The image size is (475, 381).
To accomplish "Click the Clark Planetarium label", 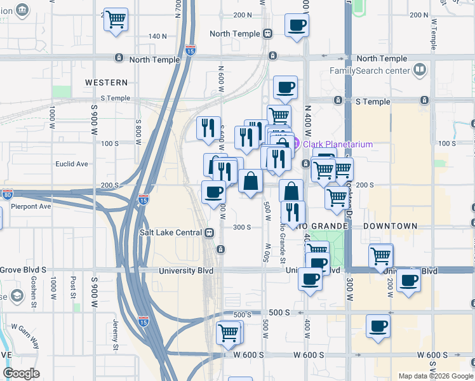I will pos(337,144).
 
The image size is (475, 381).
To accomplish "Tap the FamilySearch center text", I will pos(368,70).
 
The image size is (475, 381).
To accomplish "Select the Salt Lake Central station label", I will pos(170,232).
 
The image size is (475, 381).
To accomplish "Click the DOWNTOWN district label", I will pos(390,226).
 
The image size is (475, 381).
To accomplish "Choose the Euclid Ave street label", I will pos(72,164).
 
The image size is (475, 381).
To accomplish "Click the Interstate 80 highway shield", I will pos(7,193).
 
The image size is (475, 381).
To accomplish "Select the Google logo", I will pos(21,373).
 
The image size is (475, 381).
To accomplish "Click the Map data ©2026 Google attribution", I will pos(436,376).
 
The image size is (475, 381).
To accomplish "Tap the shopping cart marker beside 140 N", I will pos(116,20).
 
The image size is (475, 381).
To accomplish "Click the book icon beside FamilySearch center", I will pos(419,70).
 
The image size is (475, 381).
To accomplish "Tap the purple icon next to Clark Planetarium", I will pos(296,144).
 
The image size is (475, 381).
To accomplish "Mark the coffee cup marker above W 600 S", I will pos(378,326).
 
